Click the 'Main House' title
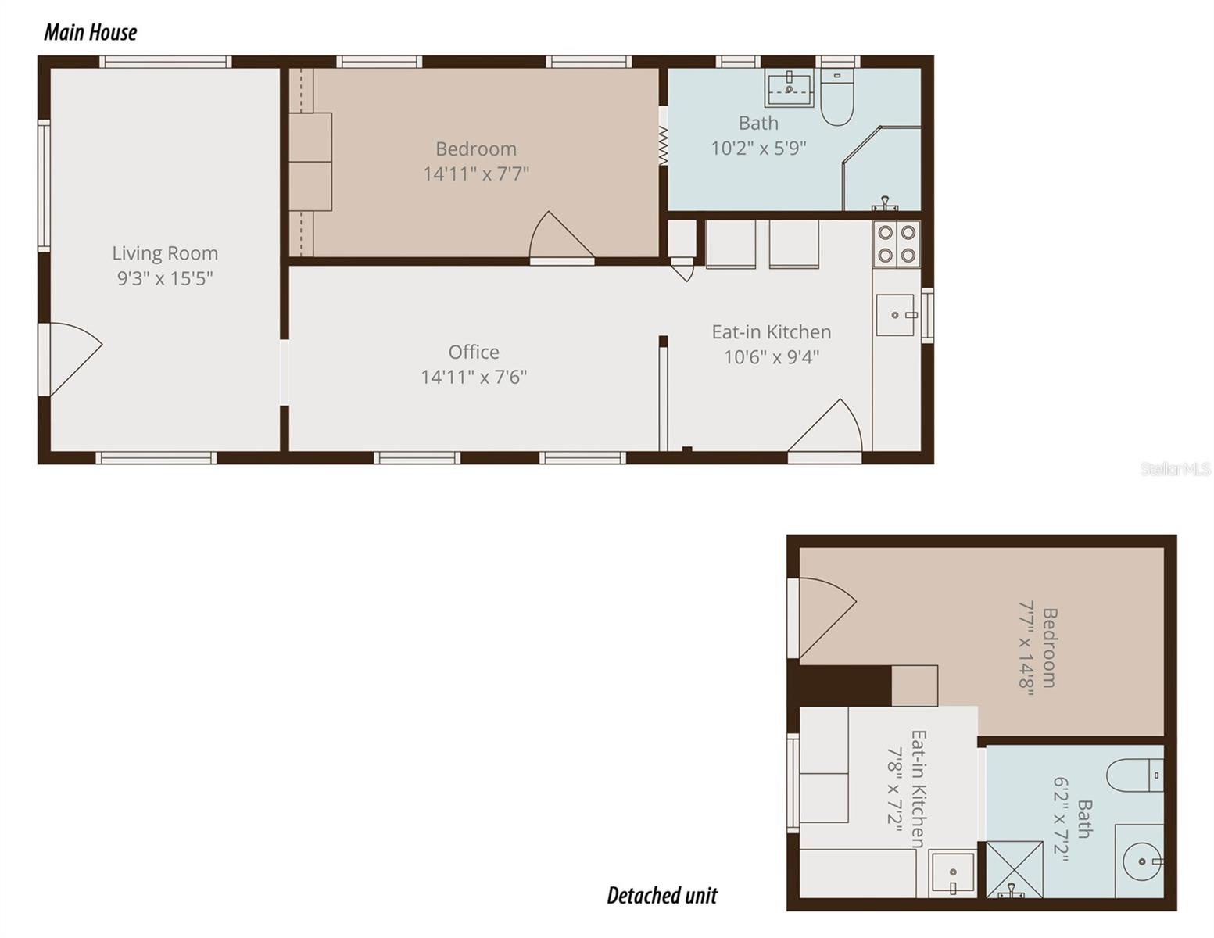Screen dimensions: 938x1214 tap(90, 32)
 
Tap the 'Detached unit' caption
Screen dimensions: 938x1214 tap(661, 895)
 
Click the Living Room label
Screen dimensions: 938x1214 tap(165, 253)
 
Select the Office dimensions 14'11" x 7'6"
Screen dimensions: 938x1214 tap(474, 377)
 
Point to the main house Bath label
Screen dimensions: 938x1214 tap(758, 124)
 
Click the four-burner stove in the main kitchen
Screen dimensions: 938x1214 tap(897, 243)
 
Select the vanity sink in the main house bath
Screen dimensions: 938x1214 tap(790, 88)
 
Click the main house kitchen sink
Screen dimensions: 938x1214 tap(896, 315)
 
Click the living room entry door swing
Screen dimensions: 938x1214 tap(70, 356)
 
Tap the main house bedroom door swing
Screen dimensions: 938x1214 tap(559, 238)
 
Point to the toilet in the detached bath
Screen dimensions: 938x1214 tap(1134, 775)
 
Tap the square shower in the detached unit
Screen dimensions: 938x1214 tap(1014, 868)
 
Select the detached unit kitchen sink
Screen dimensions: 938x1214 tap(952, 873)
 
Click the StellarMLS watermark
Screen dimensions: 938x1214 tap(1175, 469)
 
